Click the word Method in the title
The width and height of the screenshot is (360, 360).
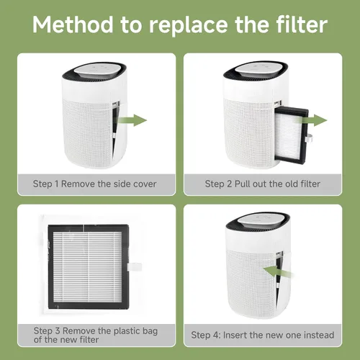pyautogui.click(x=73, y=24)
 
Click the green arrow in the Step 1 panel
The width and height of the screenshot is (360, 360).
pyautogui.click(x=132, y=120)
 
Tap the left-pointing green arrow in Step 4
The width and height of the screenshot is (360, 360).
pyautogui.click(x=279, y=271)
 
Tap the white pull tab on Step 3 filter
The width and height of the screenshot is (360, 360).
pyautogui.click(x=135, y=266)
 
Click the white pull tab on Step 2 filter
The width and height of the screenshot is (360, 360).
pyautogui.click(x=308, y=138)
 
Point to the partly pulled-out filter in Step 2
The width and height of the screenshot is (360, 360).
pyautogui.click(x=292, y=135)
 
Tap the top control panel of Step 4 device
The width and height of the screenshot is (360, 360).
pyautogui.click(x=263, y=220)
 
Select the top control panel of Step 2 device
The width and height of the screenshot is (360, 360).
pyautogui.click(x=261, y=69)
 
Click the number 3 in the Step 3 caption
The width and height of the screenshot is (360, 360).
pyautogui.click(x=58, y=330)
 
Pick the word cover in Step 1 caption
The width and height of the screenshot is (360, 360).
pyautogui.click(x=145, y=184)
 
